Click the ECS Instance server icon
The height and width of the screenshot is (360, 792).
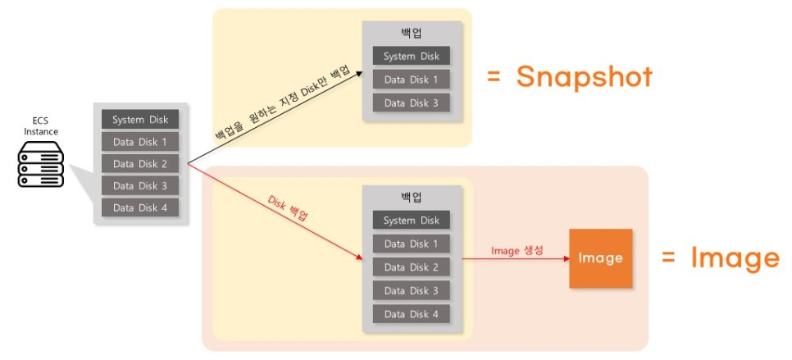point(41,164)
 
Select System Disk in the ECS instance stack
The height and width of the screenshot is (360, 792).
point(140,120)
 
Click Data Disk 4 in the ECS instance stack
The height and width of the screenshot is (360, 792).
point(140,207)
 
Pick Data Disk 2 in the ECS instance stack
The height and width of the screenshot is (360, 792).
point(140,164)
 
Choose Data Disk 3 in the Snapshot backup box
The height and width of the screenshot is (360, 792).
point(411,103)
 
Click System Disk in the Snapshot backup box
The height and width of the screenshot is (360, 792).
point(411,57)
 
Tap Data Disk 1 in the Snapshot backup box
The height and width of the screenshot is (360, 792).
point(411,80)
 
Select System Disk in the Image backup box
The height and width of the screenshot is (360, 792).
point(411,221)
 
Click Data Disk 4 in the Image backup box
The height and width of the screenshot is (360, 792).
point(411,313)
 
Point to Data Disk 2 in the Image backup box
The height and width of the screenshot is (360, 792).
point(411,267)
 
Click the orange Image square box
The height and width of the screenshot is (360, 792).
point(601,258)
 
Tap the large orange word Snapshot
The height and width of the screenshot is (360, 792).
point(584,76)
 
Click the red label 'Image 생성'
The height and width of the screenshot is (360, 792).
point(517,250)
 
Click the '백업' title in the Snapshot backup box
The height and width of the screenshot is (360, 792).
point(411,34)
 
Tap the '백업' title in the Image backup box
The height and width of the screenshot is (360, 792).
point(411,198)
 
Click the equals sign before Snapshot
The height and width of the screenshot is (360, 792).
point(494,78)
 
